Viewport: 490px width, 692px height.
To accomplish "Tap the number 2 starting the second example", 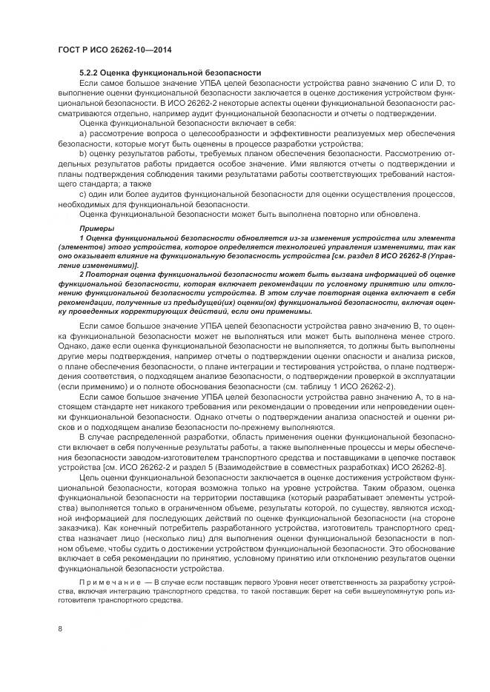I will [x=82, y=274].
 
